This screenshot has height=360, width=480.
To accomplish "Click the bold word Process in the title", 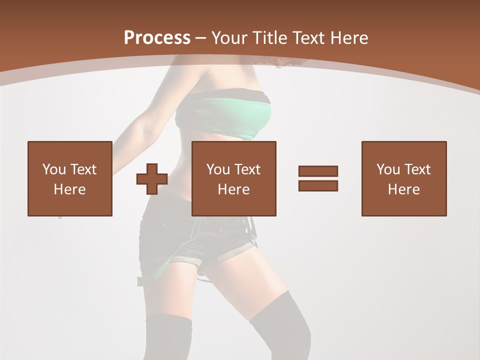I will (x=157, y=38).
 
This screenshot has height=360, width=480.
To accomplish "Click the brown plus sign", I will (x=152, y=179).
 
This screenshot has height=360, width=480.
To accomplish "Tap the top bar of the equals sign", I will (x=318, y=171).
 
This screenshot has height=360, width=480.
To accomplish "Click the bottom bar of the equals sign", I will (x=318, y=185).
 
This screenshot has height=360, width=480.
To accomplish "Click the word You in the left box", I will (x=54, y=169).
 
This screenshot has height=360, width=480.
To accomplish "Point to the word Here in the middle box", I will (x=233, y=189).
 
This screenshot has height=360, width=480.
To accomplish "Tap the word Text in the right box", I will (x=418, y=169).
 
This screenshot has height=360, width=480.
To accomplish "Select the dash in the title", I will (x=201, y=38).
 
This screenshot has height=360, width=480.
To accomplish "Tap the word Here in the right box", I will (x=403, y=189).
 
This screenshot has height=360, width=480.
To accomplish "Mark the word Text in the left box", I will (x=83, y=169).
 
